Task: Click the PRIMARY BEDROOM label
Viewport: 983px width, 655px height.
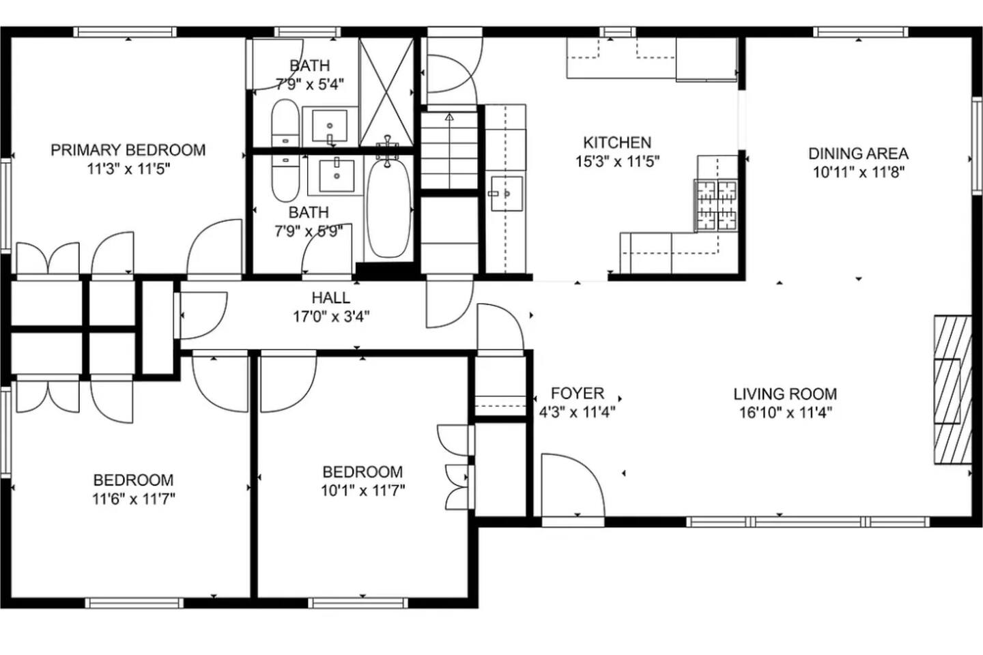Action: pyautogui.click(x=128, y=150)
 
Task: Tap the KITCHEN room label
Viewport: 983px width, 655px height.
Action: pyautogui.click(x=617, y=143)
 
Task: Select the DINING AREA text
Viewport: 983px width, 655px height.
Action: pyautogui.click(x=858, y=154)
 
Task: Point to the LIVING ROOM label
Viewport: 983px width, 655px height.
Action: pyautogui.click(x=785, y=394)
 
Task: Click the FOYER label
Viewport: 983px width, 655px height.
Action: pyautogui.click(x=577, y=393)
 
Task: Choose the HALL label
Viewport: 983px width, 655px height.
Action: pyautogui.click(x=331, y=298)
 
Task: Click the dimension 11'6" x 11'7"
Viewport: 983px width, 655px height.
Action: pyautogui.click(x=133, y=499)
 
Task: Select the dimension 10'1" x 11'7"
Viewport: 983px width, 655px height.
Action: pyautogui.click(x=362, y=491)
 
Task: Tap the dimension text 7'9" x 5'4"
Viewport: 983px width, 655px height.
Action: pyautogui.click(x=309, y=84)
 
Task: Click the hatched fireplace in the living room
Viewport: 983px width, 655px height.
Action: pyautogui.click(x=952, y=390)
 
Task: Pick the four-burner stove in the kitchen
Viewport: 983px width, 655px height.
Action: pyautogui.click(x=716, y=205)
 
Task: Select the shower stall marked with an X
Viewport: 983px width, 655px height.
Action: pyautogui.click(x=386, y=92)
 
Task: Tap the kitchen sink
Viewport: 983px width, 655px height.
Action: pyautogui.click(x=507, y=194)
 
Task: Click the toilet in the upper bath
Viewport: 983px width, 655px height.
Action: pyautogui.click(x=285, y=122)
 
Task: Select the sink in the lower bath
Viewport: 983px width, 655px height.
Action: pyautogui.click(x=337, y=175)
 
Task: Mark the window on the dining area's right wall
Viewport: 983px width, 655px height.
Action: pyautogui.click(x=976, y=145)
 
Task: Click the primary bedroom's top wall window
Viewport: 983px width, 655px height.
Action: pyautogui.click(x=125, y=32)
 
